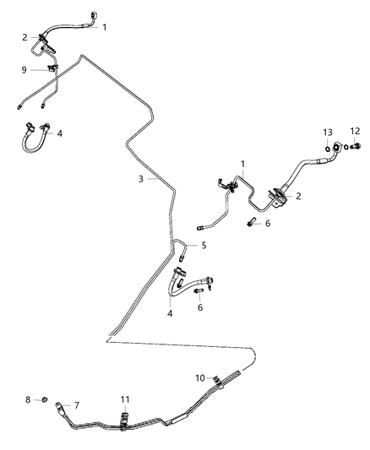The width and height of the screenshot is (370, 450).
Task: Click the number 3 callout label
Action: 142,178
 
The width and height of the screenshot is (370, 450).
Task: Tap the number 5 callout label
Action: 204,246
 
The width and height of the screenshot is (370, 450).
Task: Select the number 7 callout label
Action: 77,406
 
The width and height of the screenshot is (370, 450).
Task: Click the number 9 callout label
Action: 24,70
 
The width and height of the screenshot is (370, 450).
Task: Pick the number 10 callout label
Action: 200,377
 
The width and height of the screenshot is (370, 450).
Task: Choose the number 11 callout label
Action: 125,398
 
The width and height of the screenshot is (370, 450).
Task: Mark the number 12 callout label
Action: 355,131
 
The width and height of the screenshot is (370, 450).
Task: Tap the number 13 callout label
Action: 329,133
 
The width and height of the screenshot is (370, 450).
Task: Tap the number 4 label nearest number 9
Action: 59,133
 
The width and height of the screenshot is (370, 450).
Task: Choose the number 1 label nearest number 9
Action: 105,27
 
